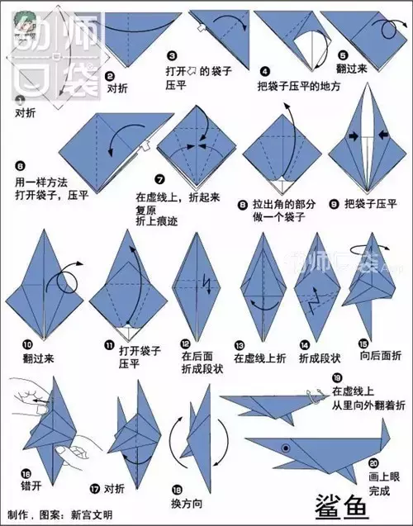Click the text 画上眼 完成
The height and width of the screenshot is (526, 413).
tap(379, 484)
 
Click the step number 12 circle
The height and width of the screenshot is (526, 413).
tap(187, 344)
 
